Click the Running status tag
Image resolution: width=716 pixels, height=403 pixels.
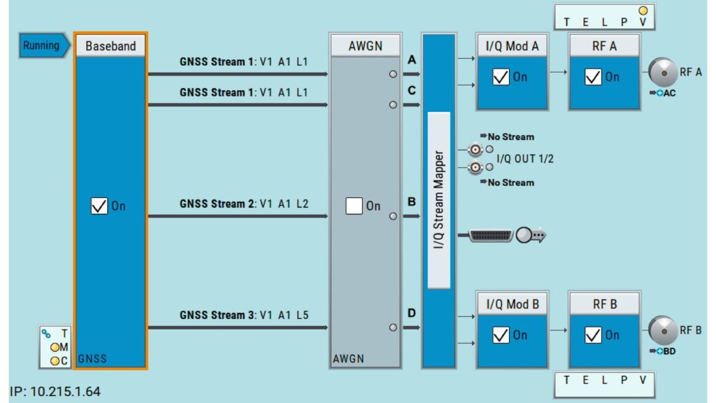(43, 45)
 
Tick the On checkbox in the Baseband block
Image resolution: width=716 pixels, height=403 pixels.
(99, 206)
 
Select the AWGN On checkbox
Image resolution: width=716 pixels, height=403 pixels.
(355, 206)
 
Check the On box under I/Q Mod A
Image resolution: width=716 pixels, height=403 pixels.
(501, 77)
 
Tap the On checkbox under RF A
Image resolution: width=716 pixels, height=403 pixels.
(593, 77)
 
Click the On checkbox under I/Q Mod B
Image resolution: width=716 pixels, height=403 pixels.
(501, 335)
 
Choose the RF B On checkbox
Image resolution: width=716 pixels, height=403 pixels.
(593, 335)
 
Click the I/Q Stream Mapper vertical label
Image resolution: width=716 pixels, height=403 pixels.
(438, 199)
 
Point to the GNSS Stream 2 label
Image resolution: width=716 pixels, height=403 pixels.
(243, 204)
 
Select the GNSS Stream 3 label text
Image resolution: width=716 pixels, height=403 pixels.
(243, 316)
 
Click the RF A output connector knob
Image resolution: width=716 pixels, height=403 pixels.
(661, 71)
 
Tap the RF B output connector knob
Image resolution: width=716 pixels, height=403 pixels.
(661, 330)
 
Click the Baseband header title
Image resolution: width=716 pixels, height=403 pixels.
(110, 46)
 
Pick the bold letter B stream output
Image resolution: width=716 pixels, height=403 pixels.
(412, 201)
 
